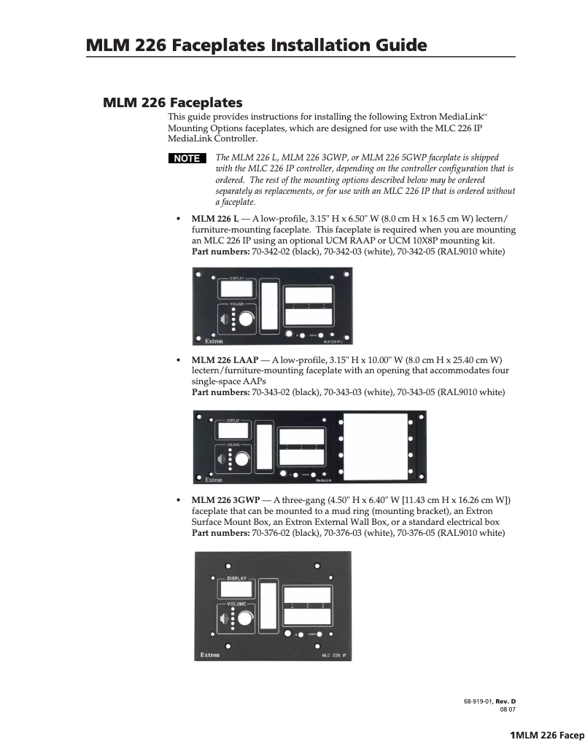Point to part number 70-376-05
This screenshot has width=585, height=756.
[425, 533]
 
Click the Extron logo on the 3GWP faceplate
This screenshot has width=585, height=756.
[212, 655]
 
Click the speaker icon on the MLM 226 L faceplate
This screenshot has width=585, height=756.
[224, 318]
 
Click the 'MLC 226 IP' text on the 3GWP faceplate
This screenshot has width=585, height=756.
[334, 655]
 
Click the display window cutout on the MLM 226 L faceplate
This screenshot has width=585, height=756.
[236, 289]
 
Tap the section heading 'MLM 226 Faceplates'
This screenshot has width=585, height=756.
[172, 102]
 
